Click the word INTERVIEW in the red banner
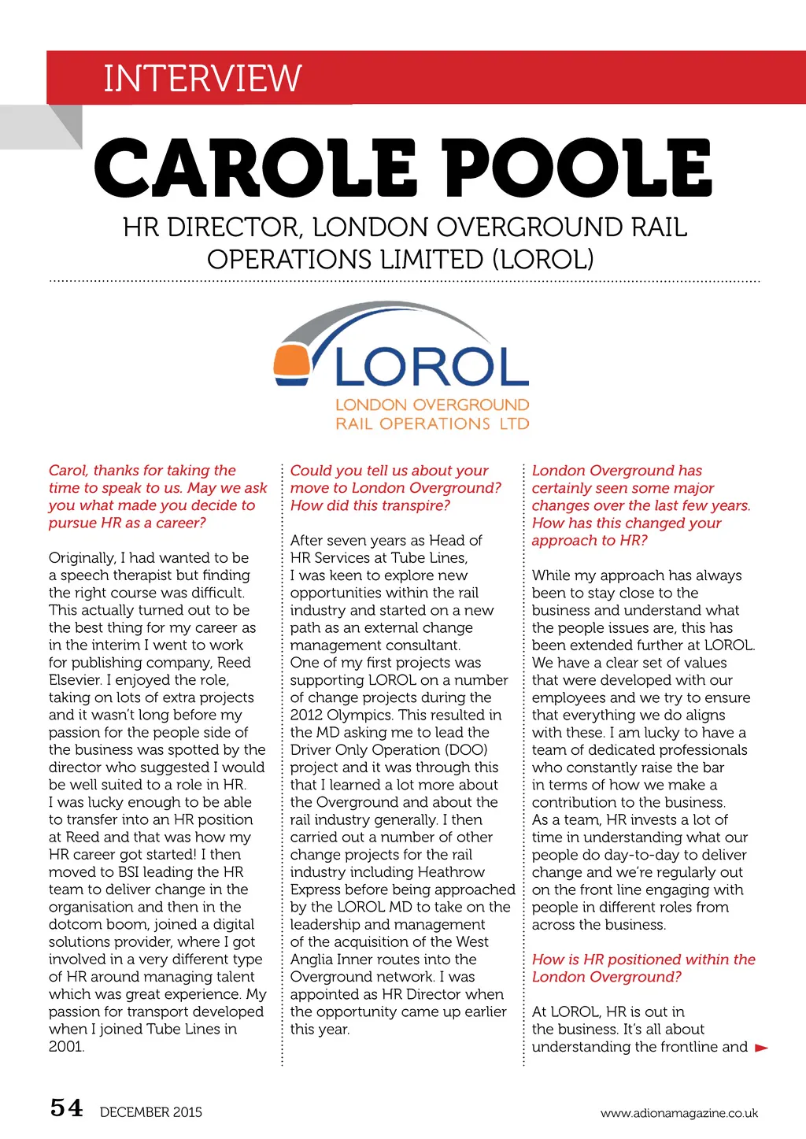point(202,78)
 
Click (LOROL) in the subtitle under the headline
point(543,259)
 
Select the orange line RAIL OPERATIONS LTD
point(432,423)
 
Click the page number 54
point(66,1108)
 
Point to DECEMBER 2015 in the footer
point(151,1112)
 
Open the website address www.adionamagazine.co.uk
point(679,1113)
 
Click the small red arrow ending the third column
point(761,1048)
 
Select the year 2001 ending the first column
point(66,1047)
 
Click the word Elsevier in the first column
point(75,680)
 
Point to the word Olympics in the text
point(361,715)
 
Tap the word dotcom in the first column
point(74,924)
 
